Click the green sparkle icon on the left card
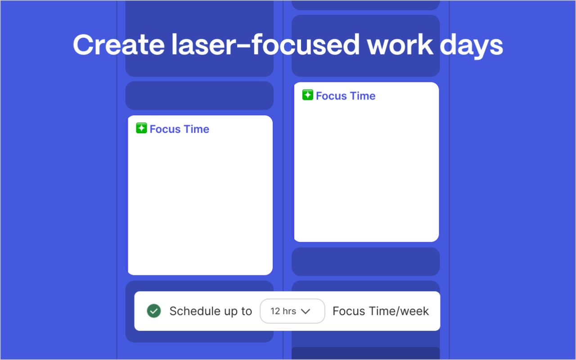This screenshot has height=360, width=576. [x=141, y=128]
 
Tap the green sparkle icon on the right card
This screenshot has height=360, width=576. [x=308, y=95]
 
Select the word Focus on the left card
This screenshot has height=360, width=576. [x=165, y=129]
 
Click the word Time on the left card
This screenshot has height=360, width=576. [x=196, y=129]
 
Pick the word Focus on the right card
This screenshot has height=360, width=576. [x=331, y=96]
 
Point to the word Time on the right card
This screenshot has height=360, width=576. [x=363, y=96]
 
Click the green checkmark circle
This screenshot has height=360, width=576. [x=154, y=311]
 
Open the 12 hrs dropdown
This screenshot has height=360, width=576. [x=292, y=311]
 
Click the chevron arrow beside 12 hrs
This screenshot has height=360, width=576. [x=306, y=311]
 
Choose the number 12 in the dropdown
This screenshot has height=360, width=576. [x=275, y=311]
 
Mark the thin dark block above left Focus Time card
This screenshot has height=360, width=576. [x=199, y=95]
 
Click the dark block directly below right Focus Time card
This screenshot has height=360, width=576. [x=365, y=261]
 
